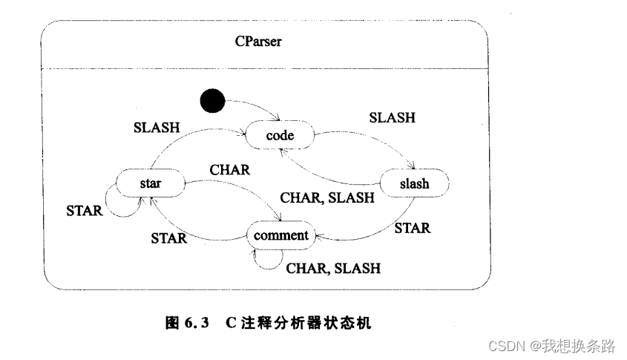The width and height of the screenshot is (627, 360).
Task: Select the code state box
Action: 280,137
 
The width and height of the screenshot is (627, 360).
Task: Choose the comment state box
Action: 280,235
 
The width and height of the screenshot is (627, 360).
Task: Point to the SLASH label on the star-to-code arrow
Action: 157,127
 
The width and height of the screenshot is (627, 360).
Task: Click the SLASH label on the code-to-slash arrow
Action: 392,117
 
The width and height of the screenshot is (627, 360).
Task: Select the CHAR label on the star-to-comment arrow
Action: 229,170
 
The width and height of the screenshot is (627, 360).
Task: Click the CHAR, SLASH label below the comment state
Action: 333,268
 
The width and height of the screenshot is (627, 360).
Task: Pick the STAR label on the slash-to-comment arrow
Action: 412,228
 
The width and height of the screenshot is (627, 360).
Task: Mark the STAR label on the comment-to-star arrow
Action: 169,238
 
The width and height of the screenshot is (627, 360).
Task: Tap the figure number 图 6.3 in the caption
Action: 186,323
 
